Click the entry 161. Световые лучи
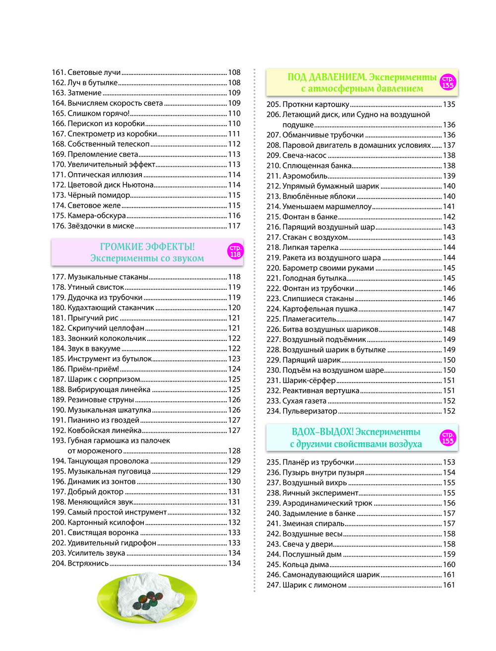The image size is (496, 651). tap(86, 72)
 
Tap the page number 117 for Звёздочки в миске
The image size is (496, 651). tap(234, 226)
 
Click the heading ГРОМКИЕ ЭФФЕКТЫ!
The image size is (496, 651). tap(147, 247)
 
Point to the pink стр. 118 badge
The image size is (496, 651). tap(235, 252)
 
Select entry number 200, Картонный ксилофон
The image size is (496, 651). tap(98, 522)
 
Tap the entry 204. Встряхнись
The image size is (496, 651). tap(80, 563)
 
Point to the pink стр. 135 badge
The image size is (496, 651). tap(447, 82)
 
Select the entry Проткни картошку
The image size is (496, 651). tap(308, 104)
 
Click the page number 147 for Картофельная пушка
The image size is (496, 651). tap(449, 309)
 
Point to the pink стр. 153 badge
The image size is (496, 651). tap(447, 438)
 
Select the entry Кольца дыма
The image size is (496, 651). tap(298, 565)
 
